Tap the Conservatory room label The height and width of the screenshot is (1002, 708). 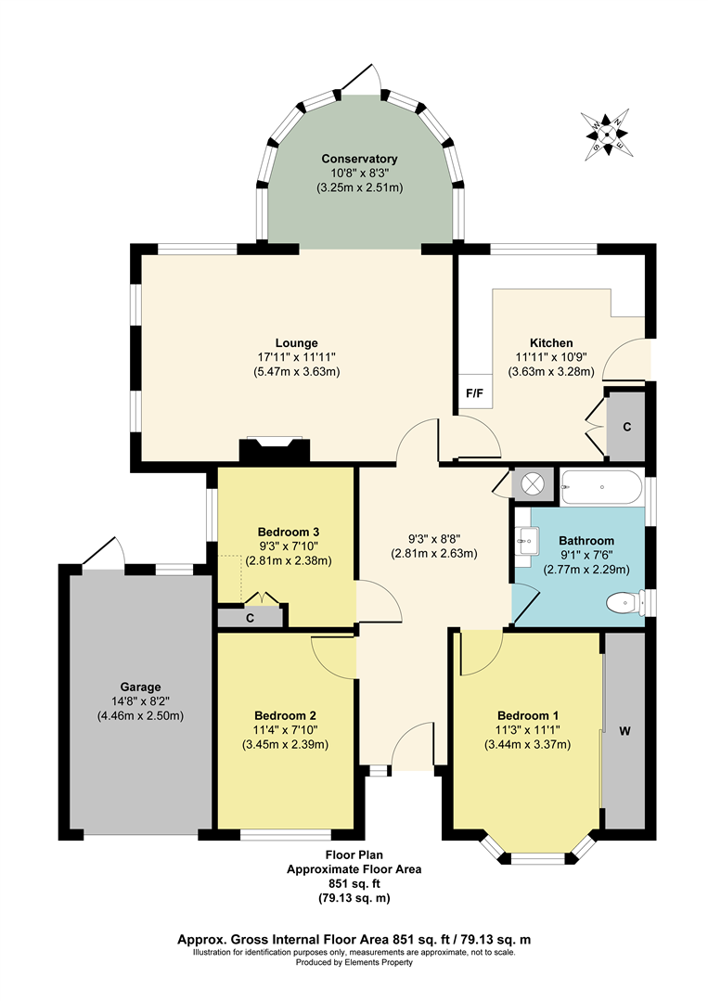[360, 159]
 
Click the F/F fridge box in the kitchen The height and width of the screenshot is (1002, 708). [474, 393]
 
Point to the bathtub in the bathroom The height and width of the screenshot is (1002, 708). [601, 484]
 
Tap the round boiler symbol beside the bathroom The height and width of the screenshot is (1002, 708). [534, 483]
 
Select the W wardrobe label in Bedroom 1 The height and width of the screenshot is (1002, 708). [624, 731]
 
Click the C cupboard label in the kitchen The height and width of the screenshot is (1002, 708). [627, 427]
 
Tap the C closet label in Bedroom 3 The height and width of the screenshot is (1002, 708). [250, 617]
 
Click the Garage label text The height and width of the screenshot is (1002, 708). [139, 687]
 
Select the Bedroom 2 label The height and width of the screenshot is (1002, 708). [286, 715]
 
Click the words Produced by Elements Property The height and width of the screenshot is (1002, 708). [354, 962]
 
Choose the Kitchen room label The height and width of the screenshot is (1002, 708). [551, 342]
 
